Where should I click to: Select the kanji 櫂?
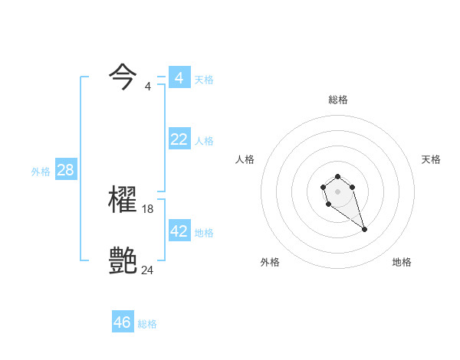point(123,200)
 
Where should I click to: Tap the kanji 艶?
point(123,261)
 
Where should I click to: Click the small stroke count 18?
point(148,208)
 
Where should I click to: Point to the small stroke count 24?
point(148,270)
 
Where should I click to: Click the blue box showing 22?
point(179,139)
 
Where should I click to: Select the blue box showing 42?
point(179,231)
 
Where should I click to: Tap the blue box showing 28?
point(65,170)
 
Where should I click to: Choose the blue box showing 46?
point(123,322)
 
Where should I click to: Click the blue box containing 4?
point(179,77)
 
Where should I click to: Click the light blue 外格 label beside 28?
point(41,172)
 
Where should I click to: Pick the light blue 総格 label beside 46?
point(147,324)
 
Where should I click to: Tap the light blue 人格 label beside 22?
point(204,141)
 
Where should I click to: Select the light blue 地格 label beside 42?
point(204,233)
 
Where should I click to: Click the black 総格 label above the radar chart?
point(338,100)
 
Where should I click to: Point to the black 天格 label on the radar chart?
point(431,159)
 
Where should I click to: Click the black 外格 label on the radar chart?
point(270,262)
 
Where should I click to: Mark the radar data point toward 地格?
point(364,230)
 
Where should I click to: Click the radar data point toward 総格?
point(337,177)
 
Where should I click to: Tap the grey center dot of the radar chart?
point(337,191)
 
